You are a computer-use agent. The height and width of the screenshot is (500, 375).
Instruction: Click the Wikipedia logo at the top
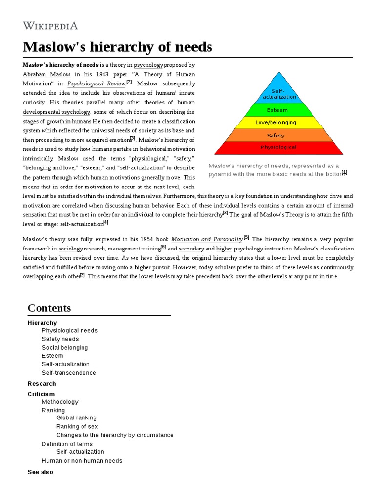50,26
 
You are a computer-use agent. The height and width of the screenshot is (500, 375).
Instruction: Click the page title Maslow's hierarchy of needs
117,47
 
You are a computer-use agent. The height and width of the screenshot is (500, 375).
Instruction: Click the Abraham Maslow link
46,74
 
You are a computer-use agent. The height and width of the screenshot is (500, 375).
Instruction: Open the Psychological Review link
96,84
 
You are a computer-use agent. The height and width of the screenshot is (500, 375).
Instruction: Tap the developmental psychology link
57,112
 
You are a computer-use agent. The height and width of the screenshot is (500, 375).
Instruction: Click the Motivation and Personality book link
207,239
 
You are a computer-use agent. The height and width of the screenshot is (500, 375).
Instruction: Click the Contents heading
49,308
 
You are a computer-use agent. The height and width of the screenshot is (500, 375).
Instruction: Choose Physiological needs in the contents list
70,331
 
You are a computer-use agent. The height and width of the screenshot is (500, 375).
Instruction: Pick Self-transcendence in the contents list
69,373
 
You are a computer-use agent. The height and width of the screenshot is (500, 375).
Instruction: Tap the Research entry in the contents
42,384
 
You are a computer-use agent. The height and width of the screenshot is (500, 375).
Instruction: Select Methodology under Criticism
60,402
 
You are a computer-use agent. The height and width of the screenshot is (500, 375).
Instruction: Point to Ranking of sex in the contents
77,427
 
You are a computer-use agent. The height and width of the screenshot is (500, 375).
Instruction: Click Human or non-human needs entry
82,461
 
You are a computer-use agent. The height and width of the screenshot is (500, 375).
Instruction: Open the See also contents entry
41,472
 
